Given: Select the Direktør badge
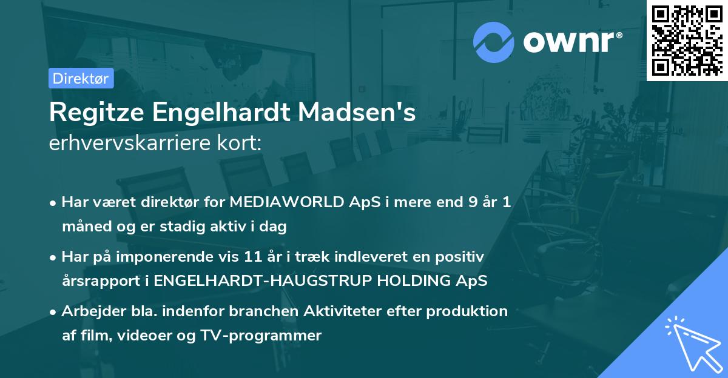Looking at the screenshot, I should click(x=81, y=78).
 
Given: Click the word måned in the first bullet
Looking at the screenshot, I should click(x=84, y=227).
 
